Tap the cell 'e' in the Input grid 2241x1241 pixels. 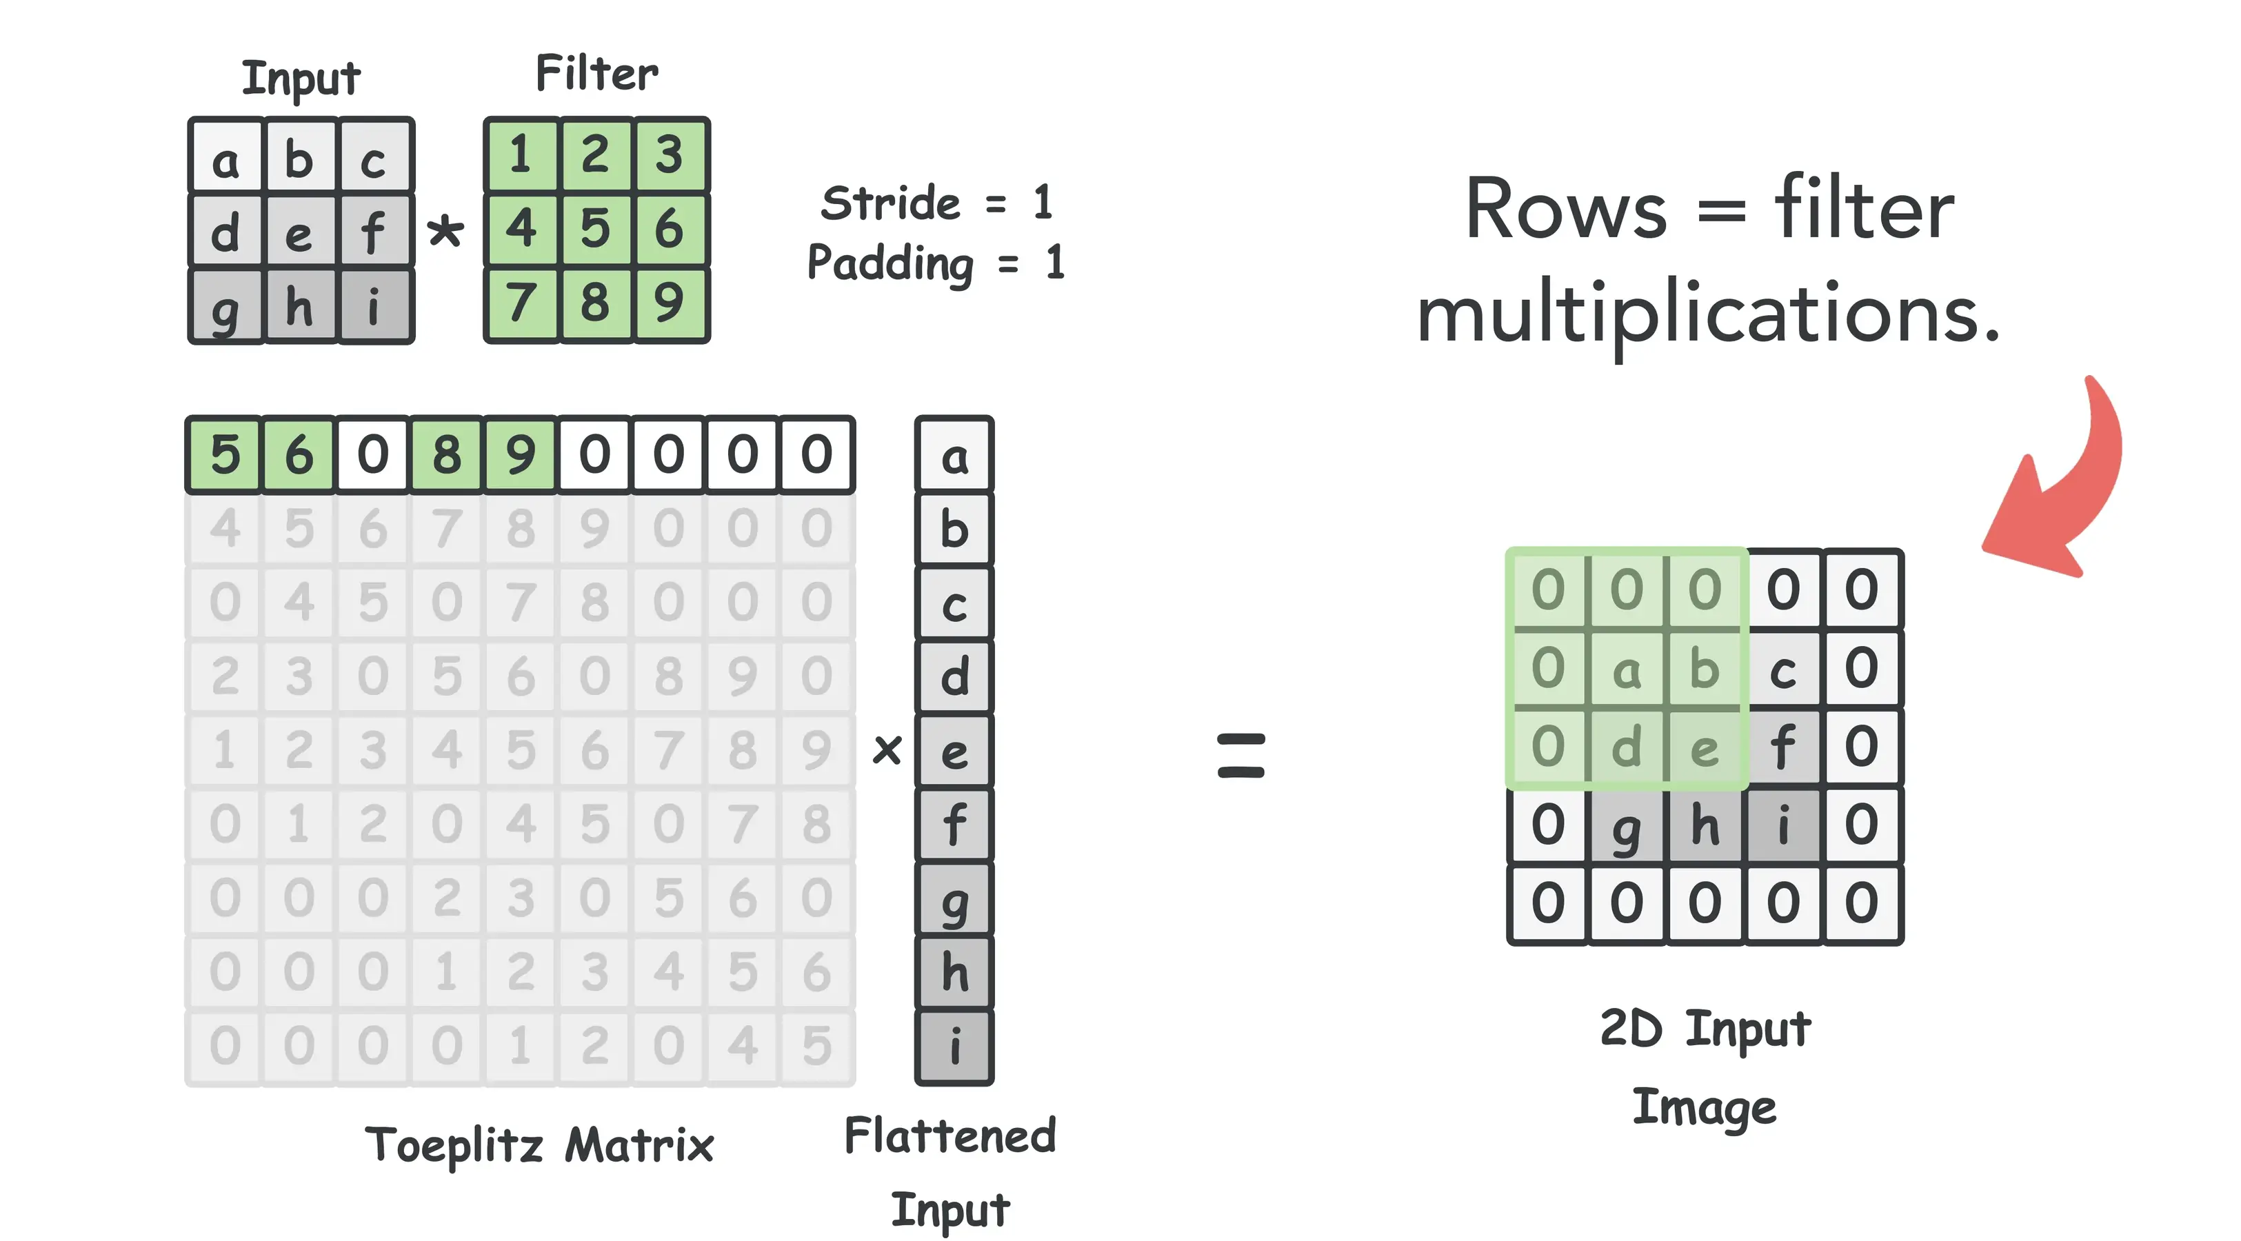(x=299, y=232)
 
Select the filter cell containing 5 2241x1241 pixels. (x=596, y=229)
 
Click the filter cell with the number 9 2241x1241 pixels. (x=669, y=303)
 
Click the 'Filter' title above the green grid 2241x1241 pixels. (x=596, y=73)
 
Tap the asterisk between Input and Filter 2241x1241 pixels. (x=445, y=232)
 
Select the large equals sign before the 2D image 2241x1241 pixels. (x=1240, y=754)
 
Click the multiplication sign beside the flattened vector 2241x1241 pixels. (x=887, y=749)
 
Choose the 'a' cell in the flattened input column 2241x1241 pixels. (x=954, y=456)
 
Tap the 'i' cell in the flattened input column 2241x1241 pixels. (x=954, y=1046)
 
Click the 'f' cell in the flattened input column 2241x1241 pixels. (x=954, y=825)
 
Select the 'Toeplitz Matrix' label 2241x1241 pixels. (x=539, y=1144)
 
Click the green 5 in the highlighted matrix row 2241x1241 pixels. (x=225, y=455)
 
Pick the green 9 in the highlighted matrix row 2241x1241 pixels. (x=520, y=455)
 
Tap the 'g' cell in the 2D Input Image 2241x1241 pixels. (x=1626, y=826)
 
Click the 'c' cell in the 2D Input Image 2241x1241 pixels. (x=1782, y=669)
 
